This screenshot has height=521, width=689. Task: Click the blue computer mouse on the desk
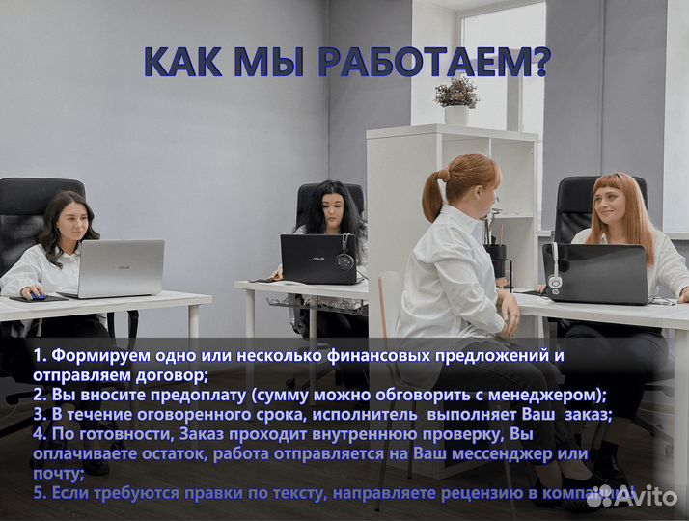pyautogui.click(x=38, y=297)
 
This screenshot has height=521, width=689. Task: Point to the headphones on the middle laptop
pyautogui.click(x=344, y=259)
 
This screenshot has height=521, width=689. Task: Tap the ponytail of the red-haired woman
pyautogui.click(x=431, y=179)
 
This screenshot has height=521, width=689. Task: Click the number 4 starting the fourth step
pyautogui.click(x=38, y=434)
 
